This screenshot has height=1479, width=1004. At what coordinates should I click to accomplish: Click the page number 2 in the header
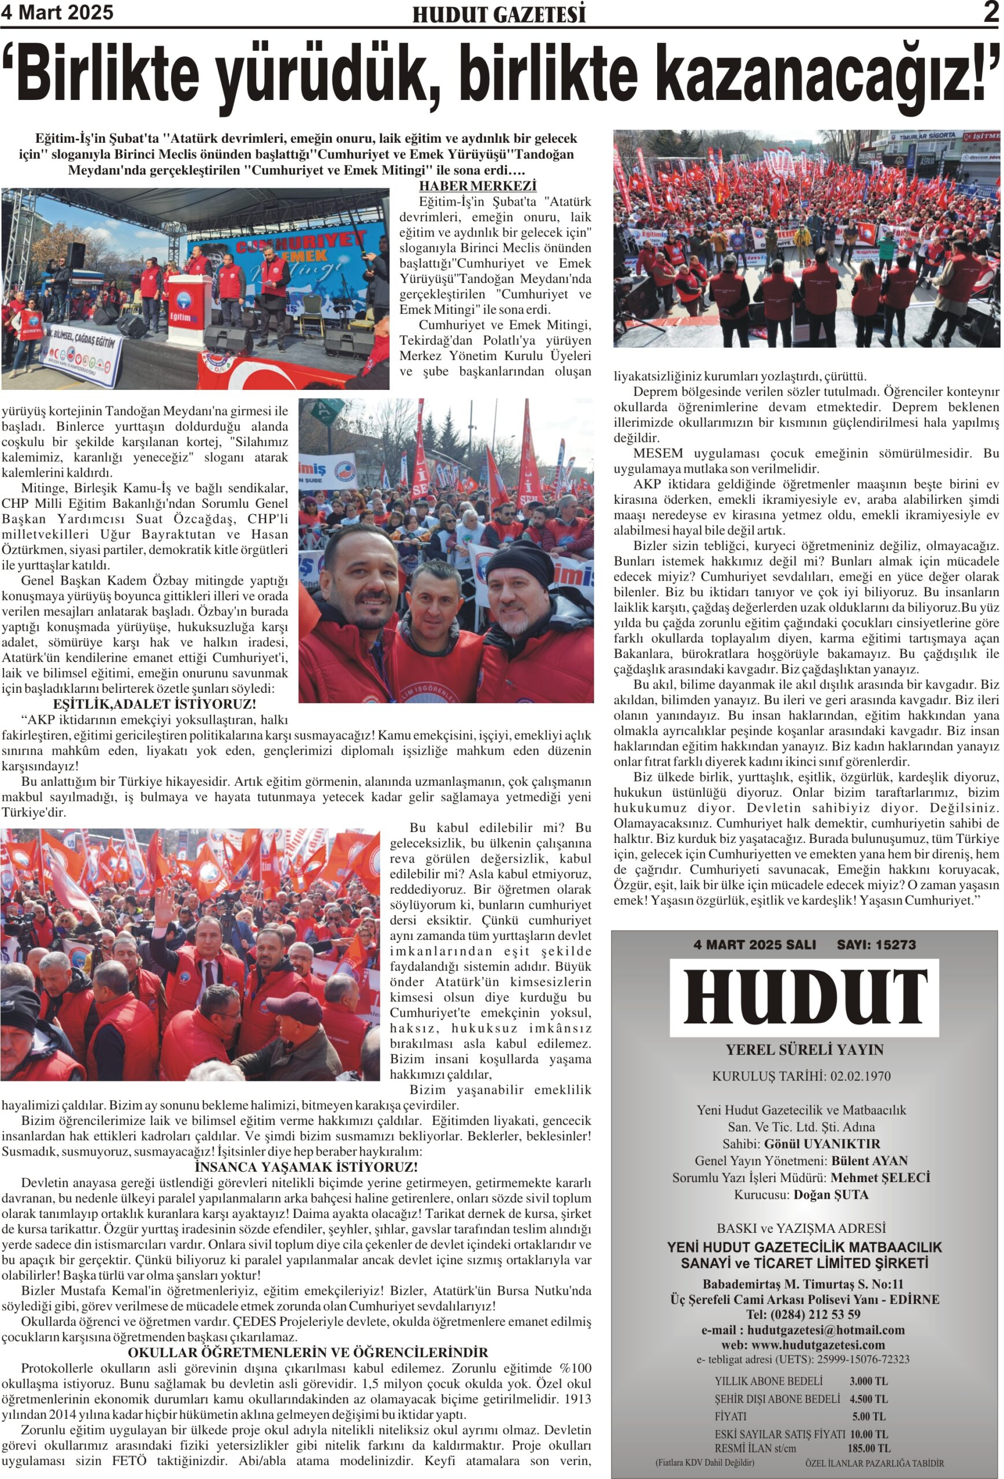coord(990,12)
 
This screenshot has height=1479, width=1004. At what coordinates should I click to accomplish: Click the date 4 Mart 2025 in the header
coord(57,13)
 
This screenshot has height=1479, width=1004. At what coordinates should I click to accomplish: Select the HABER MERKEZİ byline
coord(477,187)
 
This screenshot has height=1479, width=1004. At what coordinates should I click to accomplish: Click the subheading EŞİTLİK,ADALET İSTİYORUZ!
coord(155,704)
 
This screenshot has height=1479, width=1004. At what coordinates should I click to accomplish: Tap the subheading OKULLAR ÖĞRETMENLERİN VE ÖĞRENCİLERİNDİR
coord(308,1352)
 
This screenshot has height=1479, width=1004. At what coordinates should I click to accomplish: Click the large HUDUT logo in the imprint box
coord(804,997)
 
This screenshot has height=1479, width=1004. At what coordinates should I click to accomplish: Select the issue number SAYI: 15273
coord(876,945)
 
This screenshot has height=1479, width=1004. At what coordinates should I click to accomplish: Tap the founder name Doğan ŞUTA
coord(830,1195)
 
